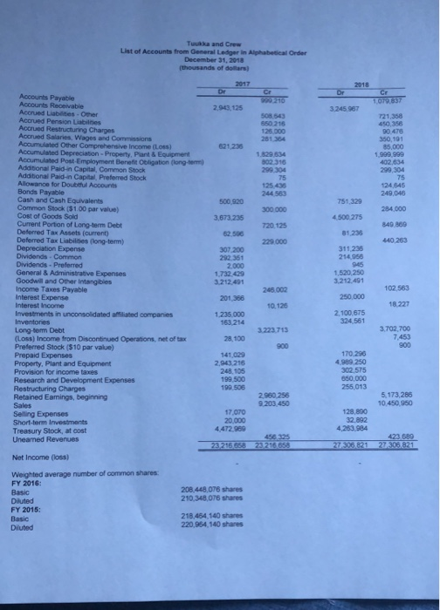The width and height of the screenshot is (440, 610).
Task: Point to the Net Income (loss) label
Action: point(39,456)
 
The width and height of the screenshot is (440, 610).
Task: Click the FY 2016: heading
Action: point(28,485)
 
